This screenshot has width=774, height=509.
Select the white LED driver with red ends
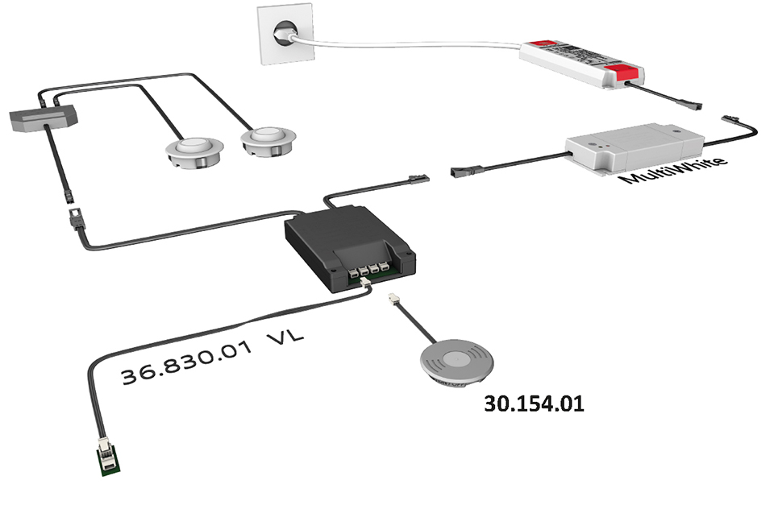point(581,62)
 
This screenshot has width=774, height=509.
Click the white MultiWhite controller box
point(632,147)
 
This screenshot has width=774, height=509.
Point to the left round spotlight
point(193,151)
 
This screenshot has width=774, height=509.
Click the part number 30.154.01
point(533,403)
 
